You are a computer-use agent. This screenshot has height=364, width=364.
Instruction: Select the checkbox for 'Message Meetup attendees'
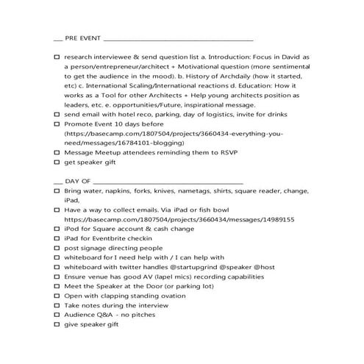57,152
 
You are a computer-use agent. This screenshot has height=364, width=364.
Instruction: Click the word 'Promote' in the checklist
80,124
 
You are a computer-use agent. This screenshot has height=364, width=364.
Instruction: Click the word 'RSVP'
224,152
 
